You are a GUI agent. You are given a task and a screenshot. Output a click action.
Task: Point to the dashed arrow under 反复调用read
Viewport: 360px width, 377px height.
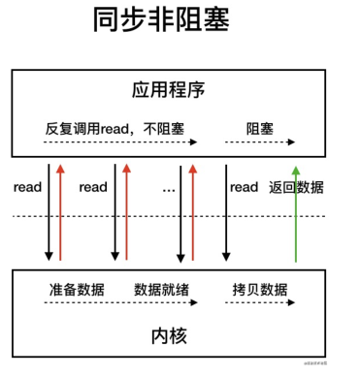(120, 142)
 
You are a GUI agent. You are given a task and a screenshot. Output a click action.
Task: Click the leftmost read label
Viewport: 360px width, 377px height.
(27, 186)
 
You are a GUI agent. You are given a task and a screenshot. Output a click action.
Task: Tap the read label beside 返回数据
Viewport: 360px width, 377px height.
(243, 186)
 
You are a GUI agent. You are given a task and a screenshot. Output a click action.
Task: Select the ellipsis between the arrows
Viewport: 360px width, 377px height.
(169, 186)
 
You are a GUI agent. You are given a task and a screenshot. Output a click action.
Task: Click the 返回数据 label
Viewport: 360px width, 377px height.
(297, 186)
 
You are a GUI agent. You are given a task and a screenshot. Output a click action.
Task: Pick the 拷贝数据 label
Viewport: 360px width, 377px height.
(260, 289)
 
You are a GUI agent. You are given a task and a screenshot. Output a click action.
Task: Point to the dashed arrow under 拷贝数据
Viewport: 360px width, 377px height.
(261, 303)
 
